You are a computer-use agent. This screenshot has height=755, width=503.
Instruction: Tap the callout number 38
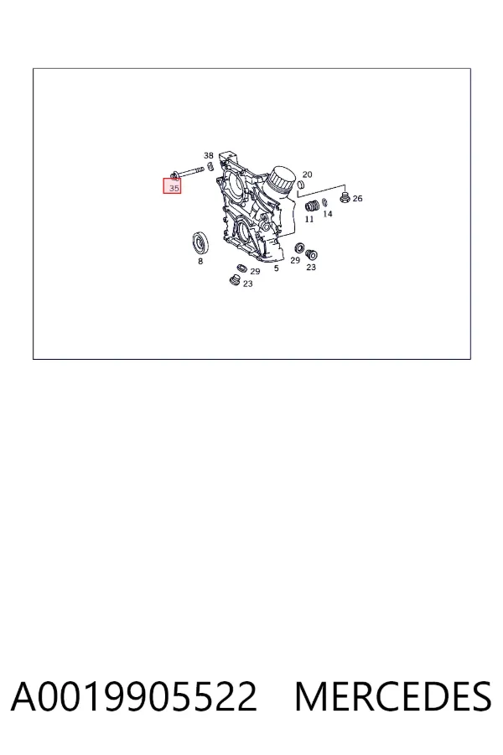coord(209,155)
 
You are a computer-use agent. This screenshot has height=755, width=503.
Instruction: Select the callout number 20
coord(307,174)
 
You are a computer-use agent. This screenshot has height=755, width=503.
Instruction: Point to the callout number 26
coord(357,198)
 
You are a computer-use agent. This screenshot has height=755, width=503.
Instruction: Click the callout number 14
coord(328,214)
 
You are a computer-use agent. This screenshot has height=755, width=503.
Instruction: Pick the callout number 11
coord(309,219)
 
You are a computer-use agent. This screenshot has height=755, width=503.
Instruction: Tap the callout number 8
coord(200,261)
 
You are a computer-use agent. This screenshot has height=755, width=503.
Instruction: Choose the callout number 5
coord(277,268)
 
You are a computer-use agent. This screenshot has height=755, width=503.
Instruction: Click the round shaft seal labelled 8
coord(200,242)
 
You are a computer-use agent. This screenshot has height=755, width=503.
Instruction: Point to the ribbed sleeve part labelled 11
coord(312,206)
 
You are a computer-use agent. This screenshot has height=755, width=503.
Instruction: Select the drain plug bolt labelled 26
coord(345,197)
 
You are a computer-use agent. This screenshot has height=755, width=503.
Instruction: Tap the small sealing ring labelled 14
coord(324,201)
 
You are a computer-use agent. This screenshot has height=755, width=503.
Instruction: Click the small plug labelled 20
coord(301,184)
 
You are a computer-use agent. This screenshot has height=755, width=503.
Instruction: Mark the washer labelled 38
coord(210,167)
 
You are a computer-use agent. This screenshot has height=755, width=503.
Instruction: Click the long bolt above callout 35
coord(188,171)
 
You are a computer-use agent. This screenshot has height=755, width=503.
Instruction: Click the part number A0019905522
coord(134,696)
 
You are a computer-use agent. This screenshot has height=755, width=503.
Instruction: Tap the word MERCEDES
coord(393,696)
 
